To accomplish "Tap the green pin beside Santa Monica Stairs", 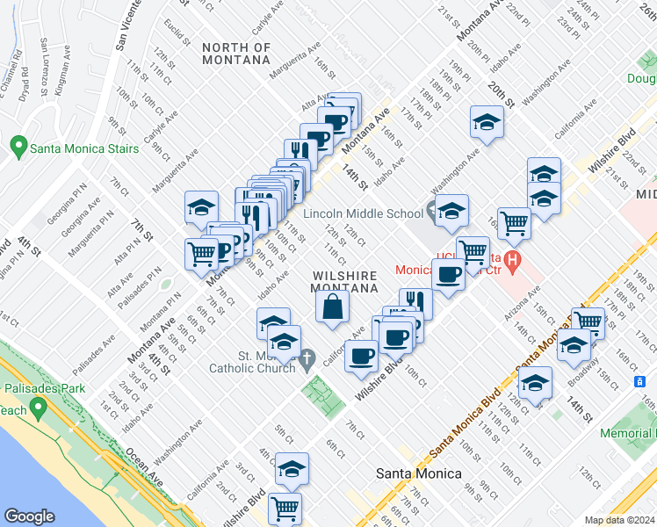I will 18,147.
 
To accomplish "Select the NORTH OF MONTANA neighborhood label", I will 235,54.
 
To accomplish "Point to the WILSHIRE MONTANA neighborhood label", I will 344,281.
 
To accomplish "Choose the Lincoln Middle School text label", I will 363,213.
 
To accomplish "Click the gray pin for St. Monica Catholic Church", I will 307,357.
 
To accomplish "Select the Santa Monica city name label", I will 418,473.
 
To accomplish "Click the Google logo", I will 29,516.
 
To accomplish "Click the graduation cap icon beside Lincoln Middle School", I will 451,212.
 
